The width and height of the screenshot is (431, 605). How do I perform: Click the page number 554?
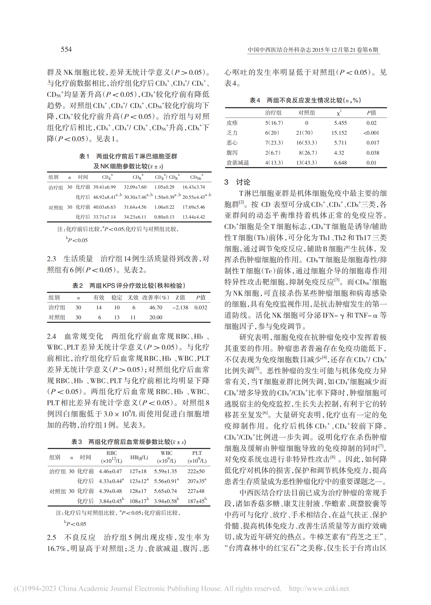click(x=66, y=49)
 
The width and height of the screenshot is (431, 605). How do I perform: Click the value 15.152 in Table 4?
click(x=339, y=133)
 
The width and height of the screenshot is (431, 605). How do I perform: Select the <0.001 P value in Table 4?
click(x=371, y=133)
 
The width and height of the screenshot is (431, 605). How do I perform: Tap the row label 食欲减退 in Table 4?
click(x=237, y=163)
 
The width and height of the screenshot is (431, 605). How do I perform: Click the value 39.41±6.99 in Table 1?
click(x=104, y=187)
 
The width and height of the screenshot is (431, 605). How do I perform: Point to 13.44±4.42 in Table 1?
click(x=194, y=217)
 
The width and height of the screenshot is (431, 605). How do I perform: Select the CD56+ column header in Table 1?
click(x=197, y=177)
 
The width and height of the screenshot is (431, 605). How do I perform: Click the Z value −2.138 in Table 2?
click(x=180, y=308)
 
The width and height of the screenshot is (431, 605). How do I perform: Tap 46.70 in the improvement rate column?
click(x=156, y=308)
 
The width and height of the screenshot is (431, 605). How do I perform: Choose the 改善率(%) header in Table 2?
click(x=156, y=297)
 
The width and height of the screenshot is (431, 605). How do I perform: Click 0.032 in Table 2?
click(x=201, y=308)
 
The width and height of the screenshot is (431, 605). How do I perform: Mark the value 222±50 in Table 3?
click(x=196, y=471)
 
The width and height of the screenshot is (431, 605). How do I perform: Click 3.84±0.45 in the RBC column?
click(x=110, y=501)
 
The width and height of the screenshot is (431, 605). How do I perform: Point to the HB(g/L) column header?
click(x=139, y=457)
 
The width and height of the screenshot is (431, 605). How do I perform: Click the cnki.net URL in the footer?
click(x=319, y=588)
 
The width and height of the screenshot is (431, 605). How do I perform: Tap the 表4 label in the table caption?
click(x=254, y=100)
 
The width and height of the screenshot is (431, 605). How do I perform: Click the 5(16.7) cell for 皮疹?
click(x=274, y=123)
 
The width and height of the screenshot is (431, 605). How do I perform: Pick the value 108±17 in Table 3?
click(x=138, y=501)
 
